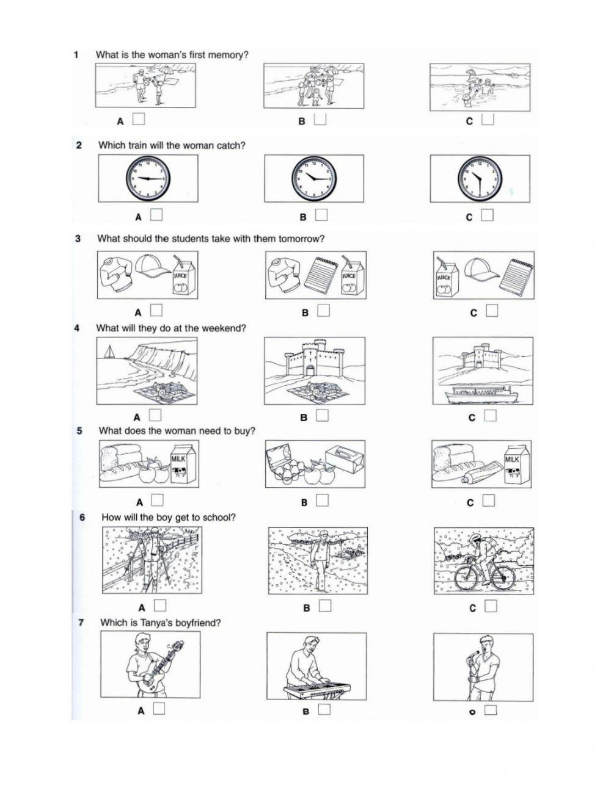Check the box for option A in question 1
click(x=139, y=119)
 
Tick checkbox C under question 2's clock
click(x=487, y=215)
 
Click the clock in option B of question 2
click(x=313, y=178)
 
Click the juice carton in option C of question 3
click(x=445, y=278)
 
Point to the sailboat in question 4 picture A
click(x=109, y=352)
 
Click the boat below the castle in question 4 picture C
click(x=481, y=394)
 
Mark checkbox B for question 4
click(x=323, y=415)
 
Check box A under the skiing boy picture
click(x=160, y=605)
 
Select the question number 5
click(x=80, y=430)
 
